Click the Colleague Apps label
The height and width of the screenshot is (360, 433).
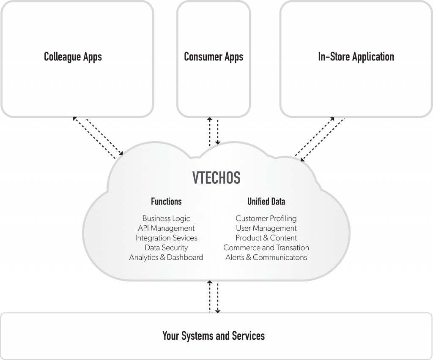pos(73,57)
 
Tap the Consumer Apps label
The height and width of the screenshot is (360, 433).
pos(214,57)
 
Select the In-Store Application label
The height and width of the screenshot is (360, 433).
pos(356,57)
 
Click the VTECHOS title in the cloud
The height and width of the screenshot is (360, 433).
pos(216,178)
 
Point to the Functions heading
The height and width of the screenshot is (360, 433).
pos(166,201)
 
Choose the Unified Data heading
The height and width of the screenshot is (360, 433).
pos(266,201)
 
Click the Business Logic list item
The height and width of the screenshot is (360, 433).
pos(166,218)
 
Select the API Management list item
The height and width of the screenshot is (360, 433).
pos(166,228)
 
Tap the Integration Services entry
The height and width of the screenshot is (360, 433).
pos(166,238)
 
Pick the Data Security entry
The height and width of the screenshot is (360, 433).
pos(166,248)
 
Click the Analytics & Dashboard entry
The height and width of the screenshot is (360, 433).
pos(166,257)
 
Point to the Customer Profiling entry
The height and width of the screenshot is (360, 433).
pos(266,218)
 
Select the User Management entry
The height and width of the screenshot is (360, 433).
pos(266,228)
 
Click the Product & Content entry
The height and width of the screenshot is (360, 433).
pos(266,238)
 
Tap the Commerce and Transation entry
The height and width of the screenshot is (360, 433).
pos(266,248)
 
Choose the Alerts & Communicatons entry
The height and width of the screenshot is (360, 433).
pos(266,257)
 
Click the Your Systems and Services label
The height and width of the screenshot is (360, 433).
pos(214,336)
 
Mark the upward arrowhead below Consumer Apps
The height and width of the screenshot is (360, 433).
pos(209,120)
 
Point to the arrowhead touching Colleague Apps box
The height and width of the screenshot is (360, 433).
pos(75,119)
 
